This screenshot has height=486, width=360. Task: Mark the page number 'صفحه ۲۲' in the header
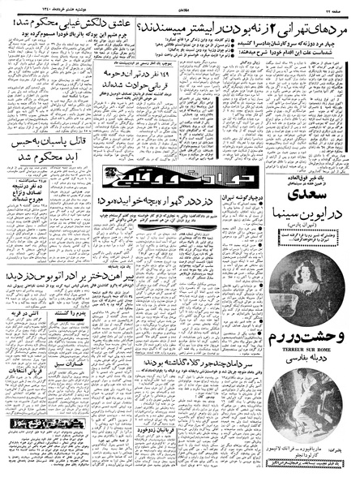point(341,6)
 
